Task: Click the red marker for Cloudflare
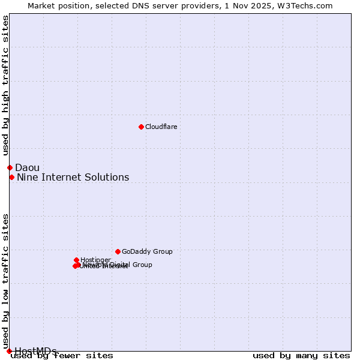coord(141,127)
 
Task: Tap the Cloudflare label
coord(161,127)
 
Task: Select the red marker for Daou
coord(10,167)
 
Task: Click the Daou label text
coord(27,167)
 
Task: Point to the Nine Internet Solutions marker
coord(11,177)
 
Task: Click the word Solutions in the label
coord(109,177)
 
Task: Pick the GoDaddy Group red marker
coord(118,251)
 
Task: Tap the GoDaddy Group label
coord(147,251)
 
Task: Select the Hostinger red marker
coord(77,260)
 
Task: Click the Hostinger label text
coord(95,260)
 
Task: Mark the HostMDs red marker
coord(9,351)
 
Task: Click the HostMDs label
coord(35,351)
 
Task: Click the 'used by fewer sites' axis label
coord(62,356)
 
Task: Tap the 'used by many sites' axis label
coord(301,356)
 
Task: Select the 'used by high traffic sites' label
coord(5,85)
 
